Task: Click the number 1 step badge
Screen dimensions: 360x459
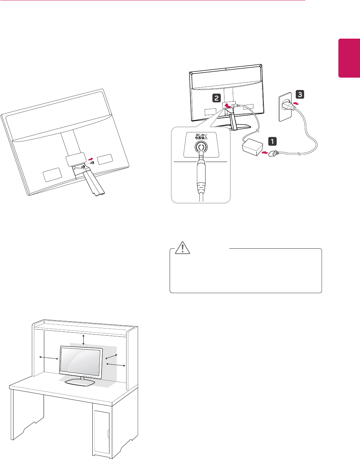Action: pyautogui.click(x=272, y=141)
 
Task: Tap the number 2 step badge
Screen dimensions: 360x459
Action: pyautogui.click(x=216, y=98)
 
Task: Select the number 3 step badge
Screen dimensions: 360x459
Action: pyautogui.click(x=300, y=94)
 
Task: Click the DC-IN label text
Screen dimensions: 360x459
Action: pyautogui.click(x=201, y=137)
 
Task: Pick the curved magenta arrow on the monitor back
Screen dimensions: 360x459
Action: pyautogui.click(x=227, y=106)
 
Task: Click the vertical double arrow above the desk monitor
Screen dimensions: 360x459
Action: pyautogui.click(x=84, y=340)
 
